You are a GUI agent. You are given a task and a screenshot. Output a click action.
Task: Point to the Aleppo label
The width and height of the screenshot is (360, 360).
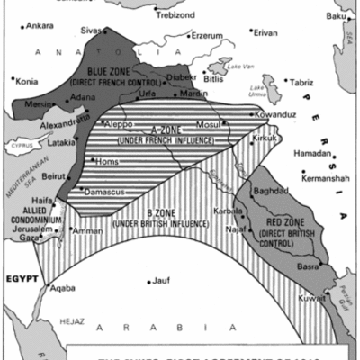pos(119,123)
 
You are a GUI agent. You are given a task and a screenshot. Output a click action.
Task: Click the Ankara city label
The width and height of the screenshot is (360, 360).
pos(41,25)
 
